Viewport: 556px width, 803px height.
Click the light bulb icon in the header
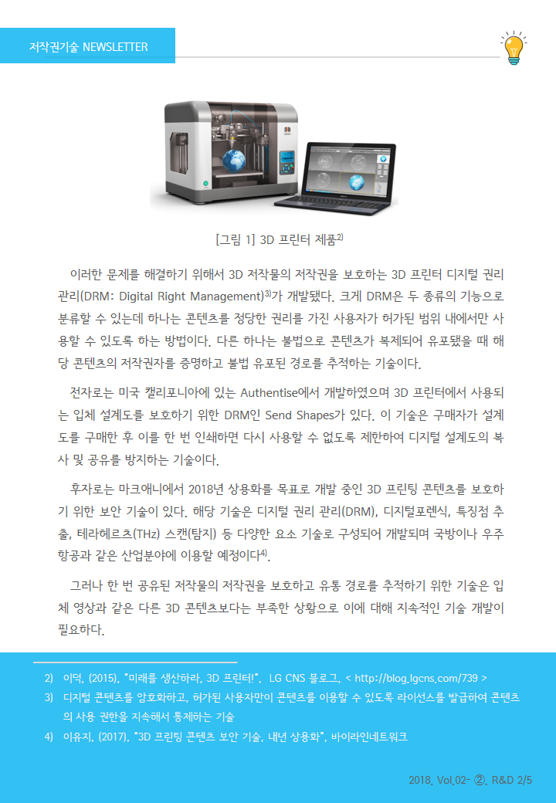[x=514, y=48]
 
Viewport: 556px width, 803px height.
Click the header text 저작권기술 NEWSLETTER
[x=89, y=47]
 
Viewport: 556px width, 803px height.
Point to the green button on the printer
[x=206, y=183]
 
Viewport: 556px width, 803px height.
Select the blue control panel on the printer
[x=286, y=162]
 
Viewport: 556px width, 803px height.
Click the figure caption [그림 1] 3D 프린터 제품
[x=280, y=239]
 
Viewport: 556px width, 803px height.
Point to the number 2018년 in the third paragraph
[x=207, y=489]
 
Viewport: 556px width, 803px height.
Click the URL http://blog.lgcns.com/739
[x=416, y=678]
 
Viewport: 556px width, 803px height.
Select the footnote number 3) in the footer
[x=49, y=697]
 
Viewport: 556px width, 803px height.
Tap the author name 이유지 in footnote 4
[x=74, y=737]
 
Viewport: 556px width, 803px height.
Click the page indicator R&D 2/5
[x=511, y=780]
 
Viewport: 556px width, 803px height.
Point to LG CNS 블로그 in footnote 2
[x=304, y=678]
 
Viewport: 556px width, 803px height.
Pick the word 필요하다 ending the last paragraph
[x=81, y=629]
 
